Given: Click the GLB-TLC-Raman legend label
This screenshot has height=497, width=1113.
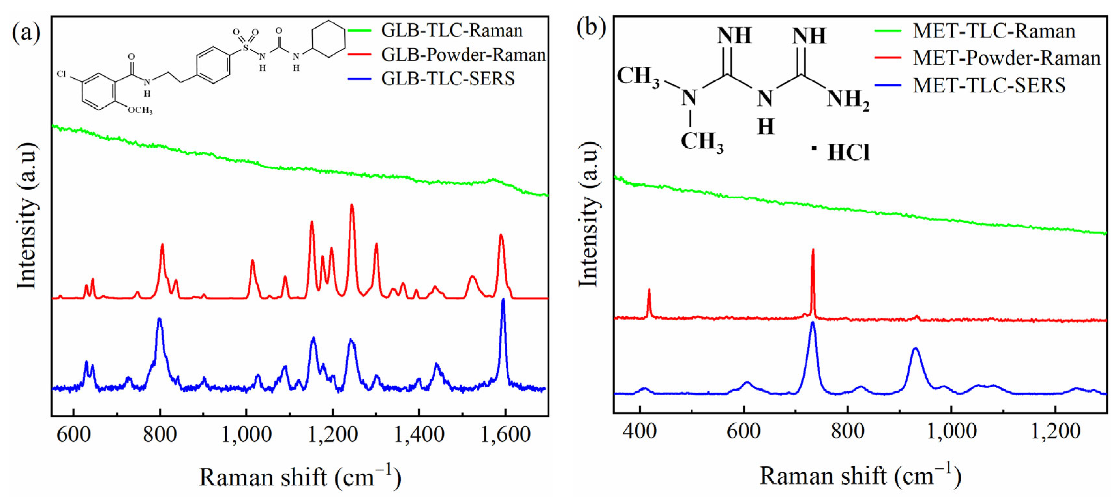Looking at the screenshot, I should click(451, 31).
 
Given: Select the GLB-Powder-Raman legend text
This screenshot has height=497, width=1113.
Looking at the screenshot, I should click(463, 55).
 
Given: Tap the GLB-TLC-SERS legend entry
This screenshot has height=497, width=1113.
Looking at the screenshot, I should click(448, 79).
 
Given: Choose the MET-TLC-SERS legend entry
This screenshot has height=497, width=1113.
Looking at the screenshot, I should click(989, 85).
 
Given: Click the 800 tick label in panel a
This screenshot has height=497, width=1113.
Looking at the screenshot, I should click(160, 434).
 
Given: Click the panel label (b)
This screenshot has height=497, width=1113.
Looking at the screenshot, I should click(591, 28).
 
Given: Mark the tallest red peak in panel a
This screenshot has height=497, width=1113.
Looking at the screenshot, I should click(352, 206).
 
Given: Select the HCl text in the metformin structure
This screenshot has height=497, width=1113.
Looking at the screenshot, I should click(848, 153).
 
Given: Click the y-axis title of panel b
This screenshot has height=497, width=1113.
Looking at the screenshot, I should click(589, 214).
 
